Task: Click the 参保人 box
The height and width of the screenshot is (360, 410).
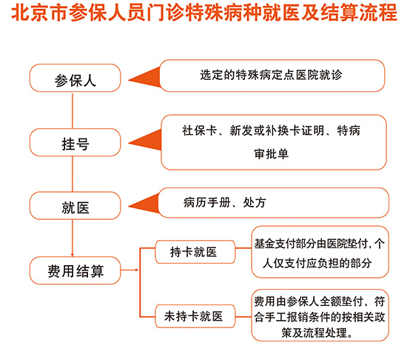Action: tap(75, 78)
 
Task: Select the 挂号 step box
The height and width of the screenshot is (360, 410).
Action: tap(75, 142)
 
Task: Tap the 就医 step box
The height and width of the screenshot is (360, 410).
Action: tap(75, 206)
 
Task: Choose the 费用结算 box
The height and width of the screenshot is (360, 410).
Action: tap(75, 270)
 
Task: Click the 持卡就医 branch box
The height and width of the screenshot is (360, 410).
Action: tap(195, 252)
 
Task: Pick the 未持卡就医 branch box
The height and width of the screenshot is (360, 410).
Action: tap(195, 316)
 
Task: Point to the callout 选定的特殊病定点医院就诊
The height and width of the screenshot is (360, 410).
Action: tap(272, 76)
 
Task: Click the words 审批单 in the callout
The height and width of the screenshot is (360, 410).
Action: tap(272, 154)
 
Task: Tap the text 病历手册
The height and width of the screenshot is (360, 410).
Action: tap(206, 202)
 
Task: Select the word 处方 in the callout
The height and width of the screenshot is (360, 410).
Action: tap(255, 202)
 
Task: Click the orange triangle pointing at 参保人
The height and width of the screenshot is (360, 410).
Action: tap(144, 77)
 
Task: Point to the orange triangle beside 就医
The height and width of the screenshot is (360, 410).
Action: tap(144, 204)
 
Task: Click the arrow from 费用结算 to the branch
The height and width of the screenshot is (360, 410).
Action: tap(130, 270)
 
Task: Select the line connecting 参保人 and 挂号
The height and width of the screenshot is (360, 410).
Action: tap(73, 110)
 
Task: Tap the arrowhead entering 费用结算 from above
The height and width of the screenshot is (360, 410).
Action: tap(73, 255)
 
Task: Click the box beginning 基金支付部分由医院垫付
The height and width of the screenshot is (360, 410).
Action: tap(320, 252)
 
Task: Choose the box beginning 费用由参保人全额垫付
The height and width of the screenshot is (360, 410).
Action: tap(320, 316)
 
